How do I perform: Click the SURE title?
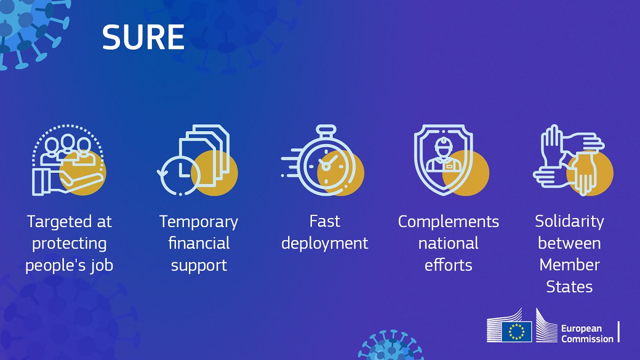pos(143,37)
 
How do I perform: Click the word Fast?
pos(325,221)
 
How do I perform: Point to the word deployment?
pos(325,244)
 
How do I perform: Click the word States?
pos(570,286)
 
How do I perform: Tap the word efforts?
pos(449,265)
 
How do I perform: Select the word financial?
pos(199,243)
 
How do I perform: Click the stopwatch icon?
pos(323,161)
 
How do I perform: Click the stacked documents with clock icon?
pos(197,161)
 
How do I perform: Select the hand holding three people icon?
pos(69,161)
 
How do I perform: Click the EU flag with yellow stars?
pos(517,332)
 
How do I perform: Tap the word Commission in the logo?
pos(587,339)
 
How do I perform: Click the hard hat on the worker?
pos(443,145)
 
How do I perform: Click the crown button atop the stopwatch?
pos(326,129)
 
